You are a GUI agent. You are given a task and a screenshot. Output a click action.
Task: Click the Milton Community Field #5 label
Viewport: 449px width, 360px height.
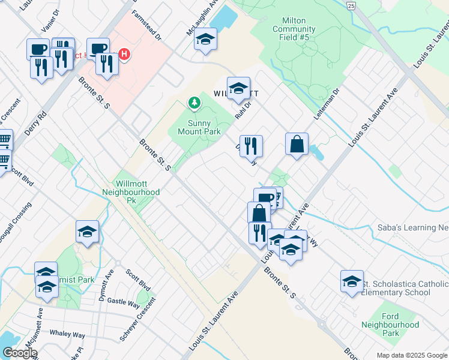coord(294,29)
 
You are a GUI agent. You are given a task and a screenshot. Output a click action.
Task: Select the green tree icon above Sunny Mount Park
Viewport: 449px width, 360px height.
coord(194,104)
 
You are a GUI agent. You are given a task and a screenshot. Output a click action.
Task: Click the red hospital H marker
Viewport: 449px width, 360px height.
coord(124,55)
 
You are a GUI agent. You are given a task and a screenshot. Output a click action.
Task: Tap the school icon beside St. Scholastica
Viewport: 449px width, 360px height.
coord(352,281)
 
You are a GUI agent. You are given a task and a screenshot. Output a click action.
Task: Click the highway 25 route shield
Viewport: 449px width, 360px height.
coord(351,5)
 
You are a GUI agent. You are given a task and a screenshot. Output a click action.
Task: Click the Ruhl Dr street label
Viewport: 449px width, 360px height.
coord(241,109)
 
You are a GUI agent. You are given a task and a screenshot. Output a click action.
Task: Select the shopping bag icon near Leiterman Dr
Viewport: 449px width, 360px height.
coord(297,144)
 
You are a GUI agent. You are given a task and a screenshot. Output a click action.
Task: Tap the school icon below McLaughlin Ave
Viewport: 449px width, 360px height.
coord(205,40)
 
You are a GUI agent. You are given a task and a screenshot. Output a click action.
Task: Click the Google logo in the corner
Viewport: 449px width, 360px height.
coord(20,353)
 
